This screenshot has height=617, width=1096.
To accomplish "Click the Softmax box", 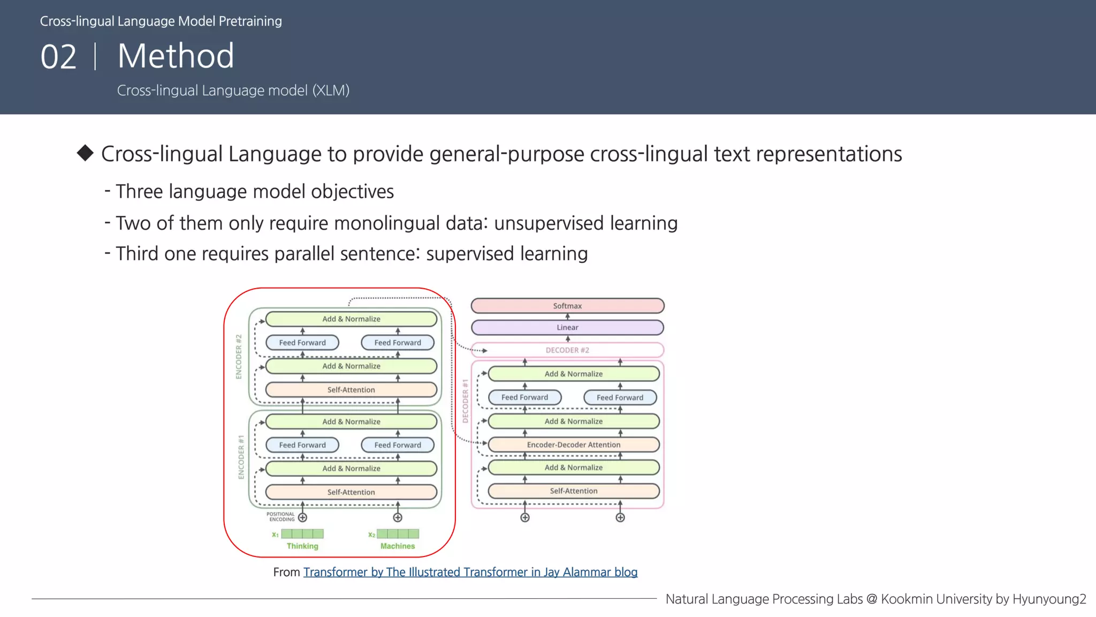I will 567,306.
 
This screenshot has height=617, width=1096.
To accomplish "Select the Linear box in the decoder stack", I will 567,327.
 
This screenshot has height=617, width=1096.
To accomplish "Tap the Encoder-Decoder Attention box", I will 574,445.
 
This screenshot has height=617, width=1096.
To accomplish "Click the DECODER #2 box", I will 567,350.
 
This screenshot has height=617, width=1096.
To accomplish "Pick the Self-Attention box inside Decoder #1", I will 574,491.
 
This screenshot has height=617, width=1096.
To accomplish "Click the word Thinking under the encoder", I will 302,546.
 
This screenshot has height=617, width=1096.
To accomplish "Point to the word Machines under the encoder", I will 398,546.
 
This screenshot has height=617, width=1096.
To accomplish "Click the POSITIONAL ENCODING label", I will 281,517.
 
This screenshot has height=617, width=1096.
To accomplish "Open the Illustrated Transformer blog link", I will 470,572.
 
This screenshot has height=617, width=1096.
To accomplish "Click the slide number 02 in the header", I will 59,57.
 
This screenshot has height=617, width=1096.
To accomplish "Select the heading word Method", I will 176,56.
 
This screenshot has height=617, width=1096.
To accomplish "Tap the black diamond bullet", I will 85,153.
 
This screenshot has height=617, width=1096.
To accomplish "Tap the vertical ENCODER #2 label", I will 239,357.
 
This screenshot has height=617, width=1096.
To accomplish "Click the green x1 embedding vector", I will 302,534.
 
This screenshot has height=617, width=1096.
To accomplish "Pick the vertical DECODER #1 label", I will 465,401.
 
